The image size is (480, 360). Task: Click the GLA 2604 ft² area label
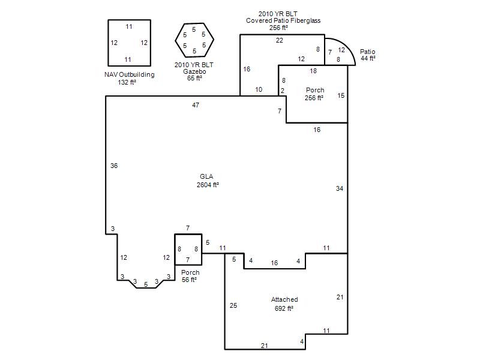[208, 181]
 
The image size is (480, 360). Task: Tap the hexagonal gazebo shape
[175, 40]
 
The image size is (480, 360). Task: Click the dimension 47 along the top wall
[196, 105]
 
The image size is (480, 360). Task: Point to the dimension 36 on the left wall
[114, 166]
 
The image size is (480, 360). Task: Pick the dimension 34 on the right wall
[340, 188]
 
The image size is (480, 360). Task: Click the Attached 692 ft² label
[284, 304]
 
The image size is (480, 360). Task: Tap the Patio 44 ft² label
[368, 55]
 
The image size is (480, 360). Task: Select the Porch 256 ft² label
[314, 94]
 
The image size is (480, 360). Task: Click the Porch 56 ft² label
[190, 276]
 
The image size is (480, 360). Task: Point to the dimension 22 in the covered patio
[280, 40]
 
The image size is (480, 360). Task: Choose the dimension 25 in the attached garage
[233, 305]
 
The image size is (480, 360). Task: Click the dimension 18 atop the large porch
[313, 71]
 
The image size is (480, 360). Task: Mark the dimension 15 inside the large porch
[341, 95]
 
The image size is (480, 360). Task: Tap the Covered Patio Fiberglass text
[283, 20]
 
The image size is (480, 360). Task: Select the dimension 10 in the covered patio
[259, 89]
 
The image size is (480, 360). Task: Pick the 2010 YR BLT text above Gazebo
[194, 65]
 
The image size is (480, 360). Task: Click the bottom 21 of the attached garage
[265, 346]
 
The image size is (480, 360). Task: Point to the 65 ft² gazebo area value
[194, 79]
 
